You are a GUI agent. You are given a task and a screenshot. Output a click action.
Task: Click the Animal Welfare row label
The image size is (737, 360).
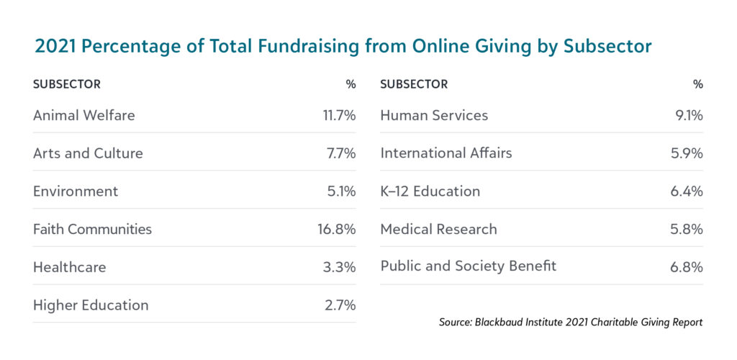(x=83, y=115)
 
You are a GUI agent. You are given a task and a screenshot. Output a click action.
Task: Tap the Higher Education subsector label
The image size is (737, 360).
(x=91, y=305)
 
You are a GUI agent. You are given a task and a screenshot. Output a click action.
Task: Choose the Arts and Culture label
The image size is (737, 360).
(x=88, y=153)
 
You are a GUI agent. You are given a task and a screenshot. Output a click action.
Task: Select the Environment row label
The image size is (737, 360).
(x=76, y=192)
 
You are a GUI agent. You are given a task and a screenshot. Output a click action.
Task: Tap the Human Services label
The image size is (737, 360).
(x=434, y=115)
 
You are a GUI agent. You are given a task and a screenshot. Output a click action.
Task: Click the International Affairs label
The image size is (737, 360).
(x=446, y=153)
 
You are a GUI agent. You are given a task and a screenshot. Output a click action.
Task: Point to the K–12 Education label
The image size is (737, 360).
(x=430, y=192)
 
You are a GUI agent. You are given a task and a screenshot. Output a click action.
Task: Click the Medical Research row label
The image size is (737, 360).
(x=438, y=229)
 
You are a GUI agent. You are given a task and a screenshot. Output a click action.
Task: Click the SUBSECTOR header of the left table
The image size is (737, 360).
(x=67, y=84)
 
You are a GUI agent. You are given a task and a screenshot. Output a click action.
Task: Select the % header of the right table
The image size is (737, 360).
(x=697, y=84)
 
